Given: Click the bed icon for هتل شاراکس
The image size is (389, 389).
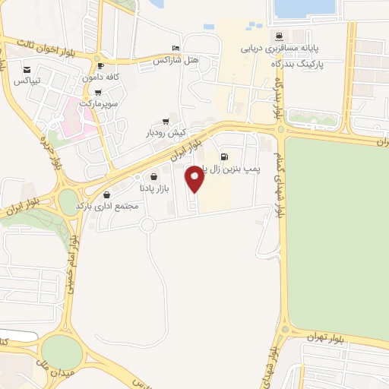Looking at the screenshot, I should [176, 47].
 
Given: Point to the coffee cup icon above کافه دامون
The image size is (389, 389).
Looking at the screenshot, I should [100, 66].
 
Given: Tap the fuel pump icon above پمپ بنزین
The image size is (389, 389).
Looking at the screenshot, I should [224, 158].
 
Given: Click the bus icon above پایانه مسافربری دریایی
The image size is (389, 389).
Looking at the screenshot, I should [279, 35].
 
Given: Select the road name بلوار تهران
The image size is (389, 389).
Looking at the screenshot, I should [327, 337].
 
